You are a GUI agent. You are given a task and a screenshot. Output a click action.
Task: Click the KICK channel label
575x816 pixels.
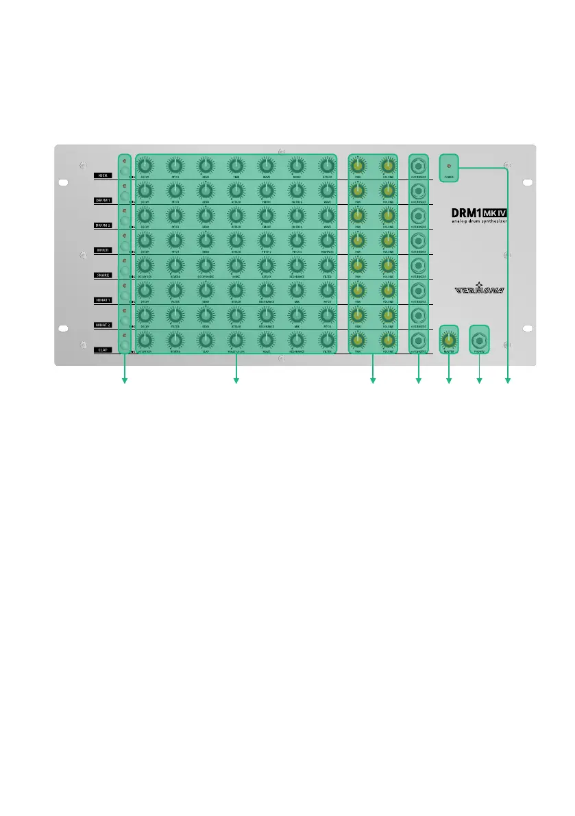104,176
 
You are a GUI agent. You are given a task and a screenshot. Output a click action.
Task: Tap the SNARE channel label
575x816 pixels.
104,275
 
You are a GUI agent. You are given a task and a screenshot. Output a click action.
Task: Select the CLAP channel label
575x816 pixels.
104,349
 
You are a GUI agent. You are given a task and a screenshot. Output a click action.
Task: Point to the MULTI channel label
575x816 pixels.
104,250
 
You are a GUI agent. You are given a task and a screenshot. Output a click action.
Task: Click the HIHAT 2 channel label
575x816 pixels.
104,325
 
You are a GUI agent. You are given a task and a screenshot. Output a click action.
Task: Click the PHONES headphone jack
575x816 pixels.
479,340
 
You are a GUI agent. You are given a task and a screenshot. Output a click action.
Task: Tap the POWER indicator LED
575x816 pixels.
449,166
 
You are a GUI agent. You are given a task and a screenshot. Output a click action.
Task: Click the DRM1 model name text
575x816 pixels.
461,212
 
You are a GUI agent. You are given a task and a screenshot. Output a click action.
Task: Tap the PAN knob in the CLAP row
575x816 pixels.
357,340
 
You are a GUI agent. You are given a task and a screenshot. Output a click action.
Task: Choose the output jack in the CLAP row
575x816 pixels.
418,340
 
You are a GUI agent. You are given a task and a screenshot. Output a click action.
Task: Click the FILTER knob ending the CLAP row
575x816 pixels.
327,340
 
